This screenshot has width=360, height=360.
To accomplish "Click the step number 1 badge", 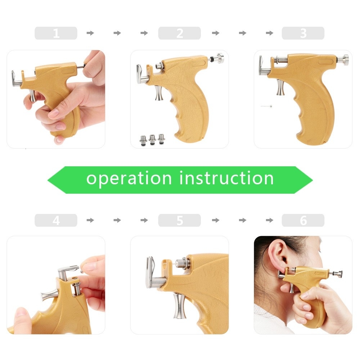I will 56,33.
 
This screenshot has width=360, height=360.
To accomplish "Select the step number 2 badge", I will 179,33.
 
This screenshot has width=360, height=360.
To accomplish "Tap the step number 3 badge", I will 303,33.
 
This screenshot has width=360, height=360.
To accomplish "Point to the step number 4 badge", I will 56,220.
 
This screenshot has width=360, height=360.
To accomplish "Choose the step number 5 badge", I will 179,220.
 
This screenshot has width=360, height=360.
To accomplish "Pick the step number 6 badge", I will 303,220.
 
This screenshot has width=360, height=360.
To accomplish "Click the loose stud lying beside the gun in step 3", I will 266,107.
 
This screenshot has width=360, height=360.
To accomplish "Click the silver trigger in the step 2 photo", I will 158,93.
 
